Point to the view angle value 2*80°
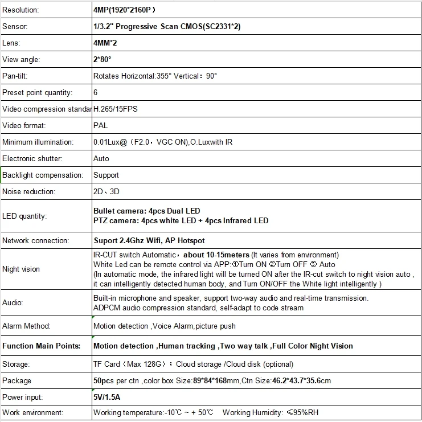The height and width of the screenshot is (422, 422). [x=103, y=59]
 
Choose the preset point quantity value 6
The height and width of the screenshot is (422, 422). [x=95, y=92]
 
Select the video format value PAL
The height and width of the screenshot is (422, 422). [x=100, y=125]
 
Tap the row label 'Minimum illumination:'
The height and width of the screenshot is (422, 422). [x=38, y=142]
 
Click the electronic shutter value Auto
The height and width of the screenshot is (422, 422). [x=101, y=158]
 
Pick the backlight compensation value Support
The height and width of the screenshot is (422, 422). [x=106, y=175]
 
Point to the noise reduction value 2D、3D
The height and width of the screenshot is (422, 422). [x=106, y=191]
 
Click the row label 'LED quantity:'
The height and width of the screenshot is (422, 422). [x=24, y=216]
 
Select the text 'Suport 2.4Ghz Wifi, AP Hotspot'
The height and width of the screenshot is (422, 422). [x=149, y=240]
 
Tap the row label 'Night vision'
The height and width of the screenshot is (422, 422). [x=21, y=269]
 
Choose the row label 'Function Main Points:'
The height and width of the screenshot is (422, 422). [x=41, y=346]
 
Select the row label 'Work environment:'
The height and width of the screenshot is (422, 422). [x=32, y=413]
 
